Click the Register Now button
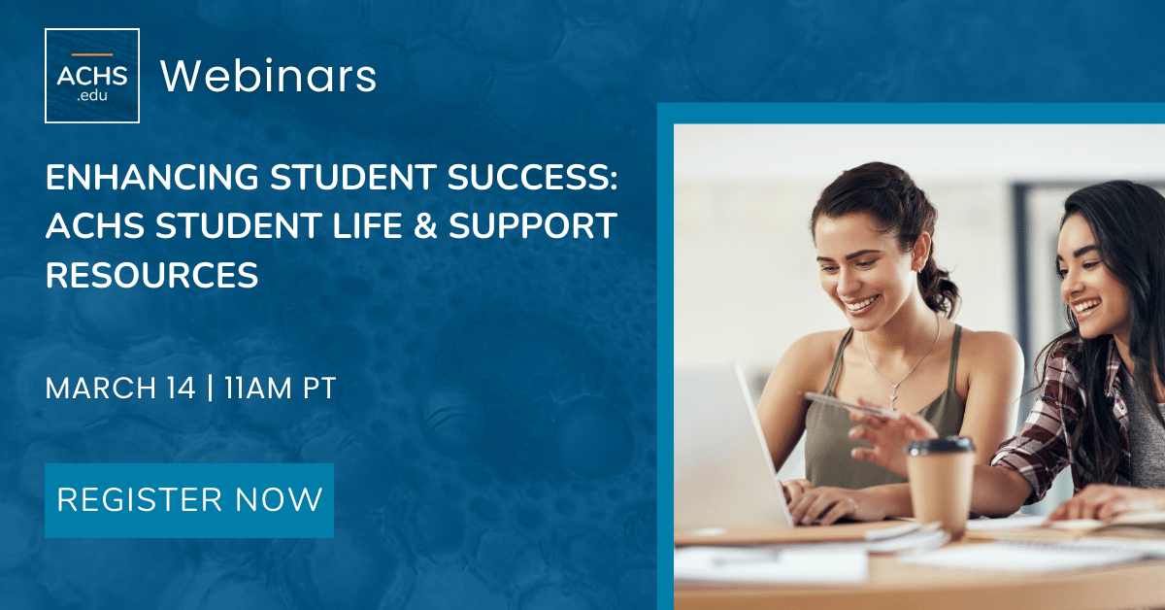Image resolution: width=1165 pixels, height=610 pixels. pos(189,500)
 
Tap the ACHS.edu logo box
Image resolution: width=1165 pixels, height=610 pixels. pos(92,76)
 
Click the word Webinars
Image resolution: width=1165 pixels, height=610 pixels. pos(268,76)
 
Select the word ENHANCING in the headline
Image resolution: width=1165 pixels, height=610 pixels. pos(151,177)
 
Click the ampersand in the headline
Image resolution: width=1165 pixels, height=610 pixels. pos(425,226)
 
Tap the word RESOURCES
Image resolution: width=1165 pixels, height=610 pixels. pos(151,275)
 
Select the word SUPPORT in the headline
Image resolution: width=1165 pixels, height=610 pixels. pos(533,226)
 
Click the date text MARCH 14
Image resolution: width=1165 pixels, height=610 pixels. pos(120,389)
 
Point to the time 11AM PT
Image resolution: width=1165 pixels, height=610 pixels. pos(281,389)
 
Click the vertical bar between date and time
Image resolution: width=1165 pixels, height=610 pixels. pos(210,389)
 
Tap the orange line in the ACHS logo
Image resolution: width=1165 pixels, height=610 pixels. pos(92,54)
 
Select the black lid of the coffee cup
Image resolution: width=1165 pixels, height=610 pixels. pos(940,446)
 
